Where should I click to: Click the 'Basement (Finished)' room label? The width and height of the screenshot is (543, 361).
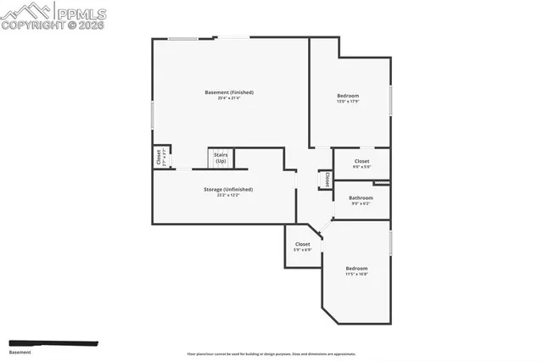(229, 92)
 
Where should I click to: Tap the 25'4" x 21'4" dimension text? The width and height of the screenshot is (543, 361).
(229, 98)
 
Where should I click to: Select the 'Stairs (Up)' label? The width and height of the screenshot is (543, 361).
(221, 158)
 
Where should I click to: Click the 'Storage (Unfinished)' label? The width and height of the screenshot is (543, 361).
(228, 189)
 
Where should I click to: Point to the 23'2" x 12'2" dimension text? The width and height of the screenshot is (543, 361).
(228, 196)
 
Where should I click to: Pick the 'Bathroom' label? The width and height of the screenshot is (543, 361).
(361, 197)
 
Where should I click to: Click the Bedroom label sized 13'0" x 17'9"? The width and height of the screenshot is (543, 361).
(348, 95)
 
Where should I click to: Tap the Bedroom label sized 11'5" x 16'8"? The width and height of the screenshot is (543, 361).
(356, 268)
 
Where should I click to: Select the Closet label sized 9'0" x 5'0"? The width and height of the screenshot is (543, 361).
(361, 160)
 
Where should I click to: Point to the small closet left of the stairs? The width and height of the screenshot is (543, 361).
(159, 157)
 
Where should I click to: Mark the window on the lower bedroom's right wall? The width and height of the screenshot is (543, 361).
(390, 242)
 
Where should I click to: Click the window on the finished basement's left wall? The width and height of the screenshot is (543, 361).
(153, 114)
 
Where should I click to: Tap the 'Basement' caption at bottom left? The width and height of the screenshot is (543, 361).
(20, 352)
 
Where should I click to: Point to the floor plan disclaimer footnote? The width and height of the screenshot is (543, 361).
(271, 354)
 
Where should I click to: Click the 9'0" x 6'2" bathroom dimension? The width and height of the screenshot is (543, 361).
(361, 203)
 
